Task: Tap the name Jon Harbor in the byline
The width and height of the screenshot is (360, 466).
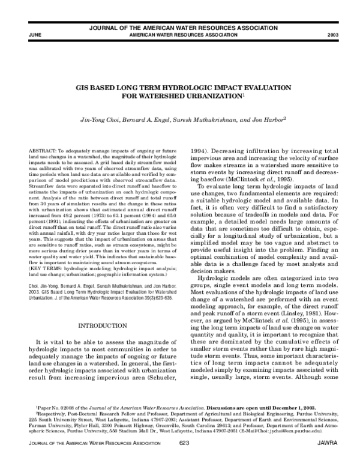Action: [x=269, y=120]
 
